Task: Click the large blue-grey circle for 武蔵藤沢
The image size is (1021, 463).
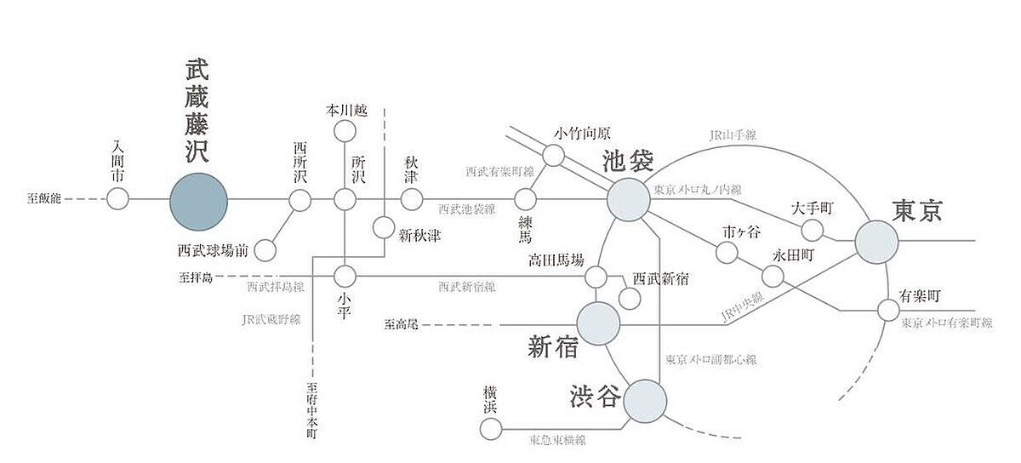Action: tap(199, 201)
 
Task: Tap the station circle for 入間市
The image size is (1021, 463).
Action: tap(117, 200)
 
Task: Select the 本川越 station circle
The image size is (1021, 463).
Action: tap(345, 131)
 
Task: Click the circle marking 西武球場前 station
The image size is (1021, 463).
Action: tap(265, 250)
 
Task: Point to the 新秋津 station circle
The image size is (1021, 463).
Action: tap(384, 227)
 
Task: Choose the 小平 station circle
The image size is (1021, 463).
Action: tap(345, 276)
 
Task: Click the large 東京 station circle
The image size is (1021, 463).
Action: tap(876, 242)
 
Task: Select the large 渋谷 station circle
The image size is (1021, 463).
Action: tap(645, 401)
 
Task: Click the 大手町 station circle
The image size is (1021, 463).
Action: tap(813, 230)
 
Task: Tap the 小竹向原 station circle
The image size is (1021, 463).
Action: tap(553, 155)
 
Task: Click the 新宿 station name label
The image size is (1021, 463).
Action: tap(553, 346)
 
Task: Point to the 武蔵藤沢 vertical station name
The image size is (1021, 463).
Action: tap(199, 111)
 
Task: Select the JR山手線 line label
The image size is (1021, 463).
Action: tap(733, 135)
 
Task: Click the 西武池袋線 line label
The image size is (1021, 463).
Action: tap(467, 209)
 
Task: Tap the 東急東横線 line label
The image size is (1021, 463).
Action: tap(557, 440)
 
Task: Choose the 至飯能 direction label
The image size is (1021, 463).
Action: tap(43, 200)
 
